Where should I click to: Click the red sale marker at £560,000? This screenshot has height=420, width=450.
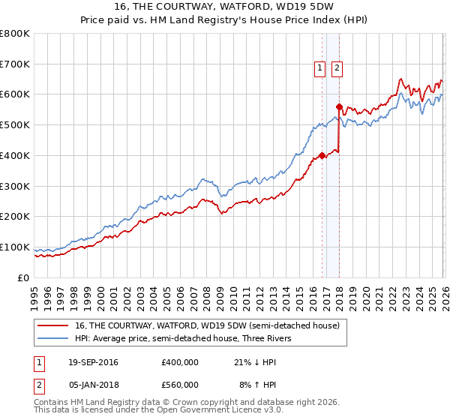pyautogui.click(x=340, y=106)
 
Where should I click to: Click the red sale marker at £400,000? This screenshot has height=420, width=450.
pyautogui.click(x=322, y=155)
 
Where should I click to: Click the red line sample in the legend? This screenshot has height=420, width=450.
pyautogui.click(x=54, y=325)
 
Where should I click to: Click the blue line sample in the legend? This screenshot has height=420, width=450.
pyautogui.click(x=54, y=338)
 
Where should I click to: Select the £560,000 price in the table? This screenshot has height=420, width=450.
pyautogui.click(x=179, y=384)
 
